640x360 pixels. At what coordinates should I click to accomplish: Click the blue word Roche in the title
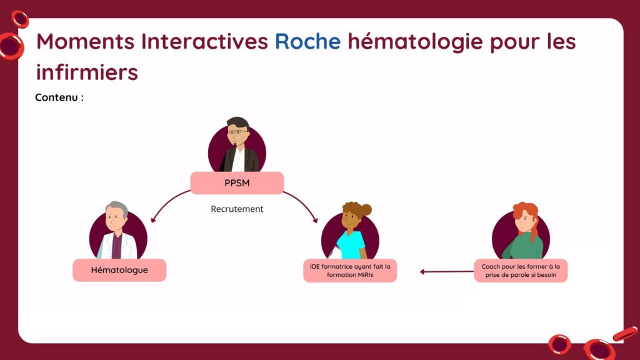click(x=307, y=41)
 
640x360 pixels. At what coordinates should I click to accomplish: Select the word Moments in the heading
click(x=85, y=41)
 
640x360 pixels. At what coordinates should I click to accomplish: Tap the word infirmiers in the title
click(x=87, y=72)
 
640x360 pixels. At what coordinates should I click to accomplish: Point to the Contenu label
click(x=59, y=97)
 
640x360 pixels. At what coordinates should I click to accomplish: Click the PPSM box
click(x=237, y=183)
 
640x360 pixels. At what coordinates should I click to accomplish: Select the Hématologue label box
click(x=119, y=270)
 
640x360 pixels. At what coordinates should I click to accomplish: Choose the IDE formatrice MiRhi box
click(x=350, y=271)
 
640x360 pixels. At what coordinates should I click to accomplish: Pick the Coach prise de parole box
click(x=521, y=271)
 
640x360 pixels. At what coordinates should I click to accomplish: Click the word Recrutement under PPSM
click(x=237, y=209)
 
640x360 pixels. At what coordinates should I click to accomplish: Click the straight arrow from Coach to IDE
click(x=447, y=271)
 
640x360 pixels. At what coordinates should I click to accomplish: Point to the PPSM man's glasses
click(x=237, y=132)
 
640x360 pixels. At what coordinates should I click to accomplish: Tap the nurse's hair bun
click(x=364, y=209)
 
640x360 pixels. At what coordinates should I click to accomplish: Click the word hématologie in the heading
click(x=416, y=42)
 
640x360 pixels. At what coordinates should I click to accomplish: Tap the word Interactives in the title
click(x=204, y=41)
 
